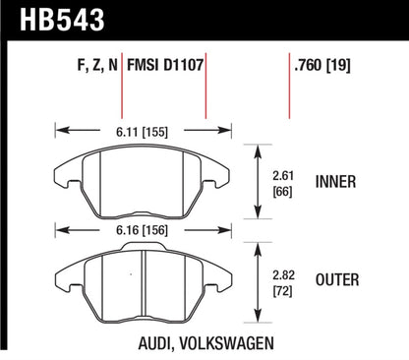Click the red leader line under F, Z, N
click(121, 98)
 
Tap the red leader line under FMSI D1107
click(204, 98)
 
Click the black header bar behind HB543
click(246, 21)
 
